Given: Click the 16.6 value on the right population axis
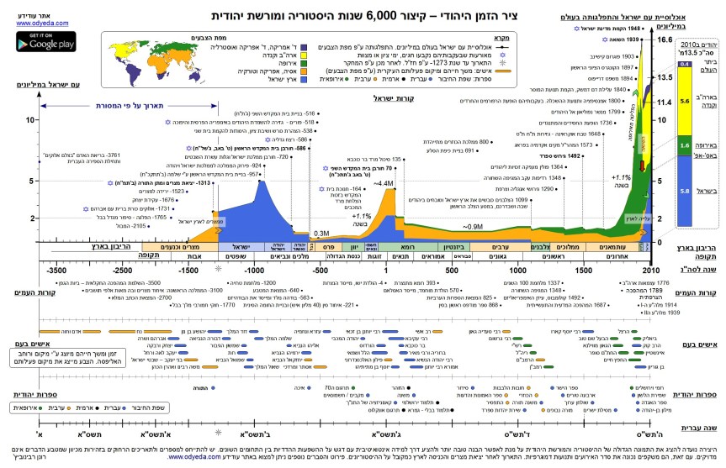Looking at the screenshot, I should [665, 39].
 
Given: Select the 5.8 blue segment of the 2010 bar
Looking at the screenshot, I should [685, 192].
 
